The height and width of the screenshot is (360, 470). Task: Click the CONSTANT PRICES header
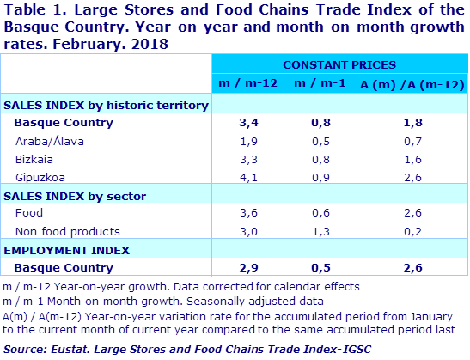[339, 64]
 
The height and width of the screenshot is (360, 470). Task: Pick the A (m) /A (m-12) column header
[412, 82]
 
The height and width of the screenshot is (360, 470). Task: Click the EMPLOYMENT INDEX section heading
[67, 250]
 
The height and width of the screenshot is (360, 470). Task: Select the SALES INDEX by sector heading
[76, 195]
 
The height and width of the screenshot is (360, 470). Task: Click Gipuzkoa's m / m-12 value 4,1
[246, 177]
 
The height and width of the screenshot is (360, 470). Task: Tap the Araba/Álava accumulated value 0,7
[412, 140]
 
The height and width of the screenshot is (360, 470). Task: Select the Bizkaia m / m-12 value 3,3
[246, 159]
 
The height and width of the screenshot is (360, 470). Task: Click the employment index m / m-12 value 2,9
[246, 269]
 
